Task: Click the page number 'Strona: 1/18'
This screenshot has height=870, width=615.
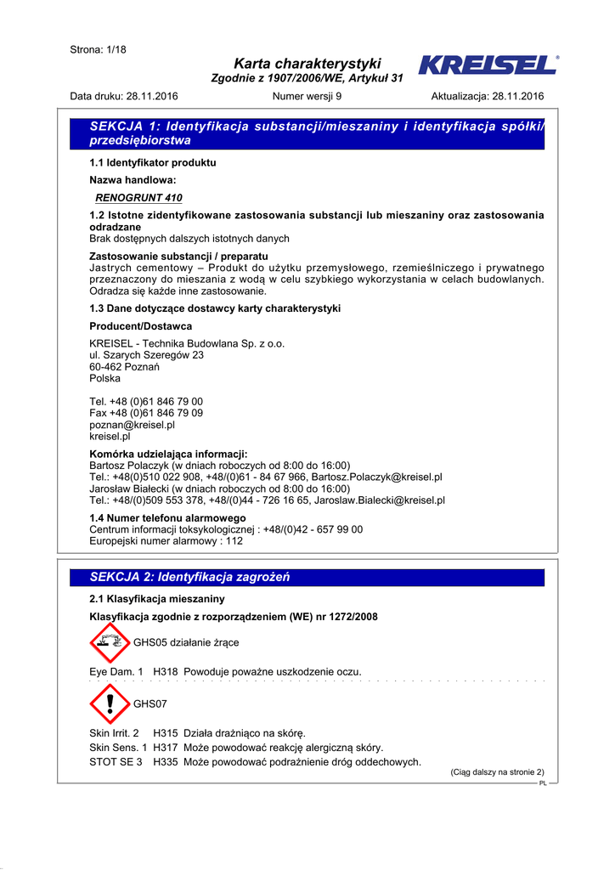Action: (x=98, y=49)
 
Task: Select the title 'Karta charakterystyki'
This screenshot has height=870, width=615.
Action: (x=307, y=64)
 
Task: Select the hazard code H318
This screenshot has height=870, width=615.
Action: (x=165, y=672)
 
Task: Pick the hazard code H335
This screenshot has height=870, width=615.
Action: (x=165, y=762)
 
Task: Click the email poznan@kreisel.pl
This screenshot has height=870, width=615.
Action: (x=132, y=424)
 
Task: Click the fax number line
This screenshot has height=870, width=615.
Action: (x=146, y=413)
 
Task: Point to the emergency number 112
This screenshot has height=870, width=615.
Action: (x=234, y=540)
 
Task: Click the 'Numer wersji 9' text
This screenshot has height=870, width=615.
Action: (x=307, y=96)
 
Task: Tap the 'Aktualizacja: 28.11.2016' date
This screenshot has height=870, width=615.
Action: (x=488, y=96)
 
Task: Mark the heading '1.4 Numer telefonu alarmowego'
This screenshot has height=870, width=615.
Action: (x=167, y=517)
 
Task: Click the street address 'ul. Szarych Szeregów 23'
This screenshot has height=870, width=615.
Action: (x=146, y=355)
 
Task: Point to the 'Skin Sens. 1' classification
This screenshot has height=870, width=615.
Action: (x=118, y=748)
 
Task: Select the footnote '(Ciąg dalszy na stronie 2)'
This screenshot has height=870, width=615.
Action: (x=497, y=772)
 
